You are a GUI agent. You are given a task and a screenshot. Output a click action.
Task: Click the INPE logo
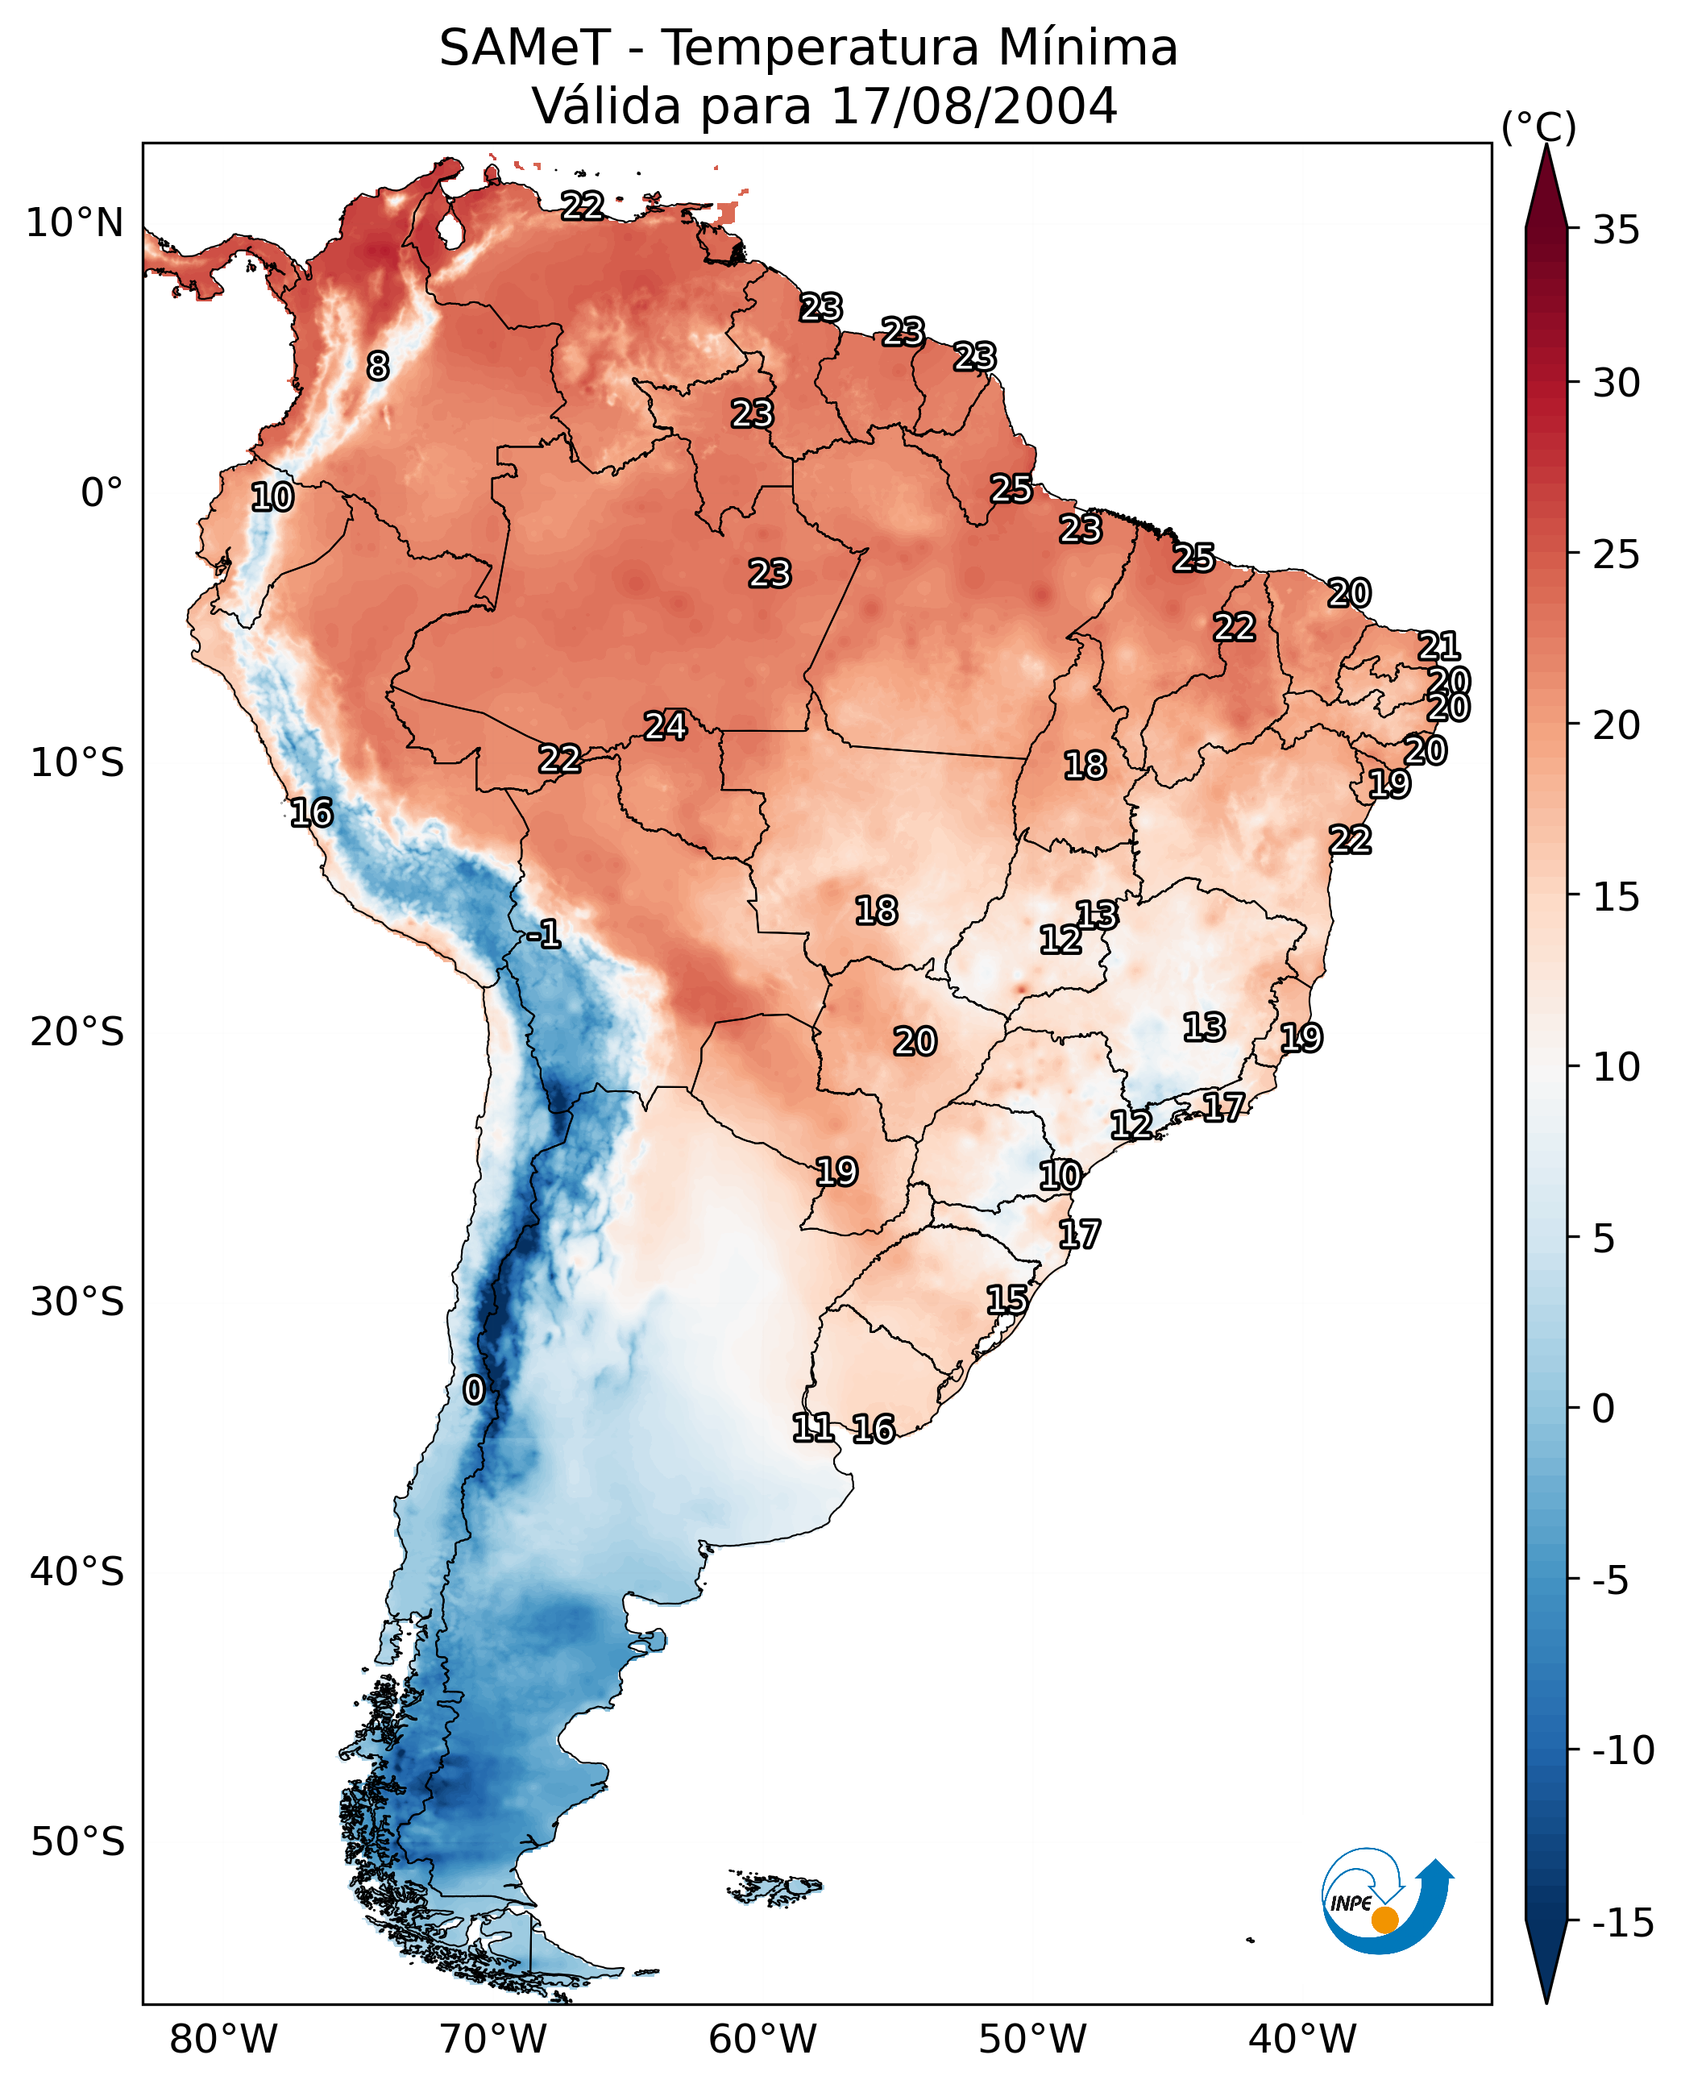pos(1387,1901)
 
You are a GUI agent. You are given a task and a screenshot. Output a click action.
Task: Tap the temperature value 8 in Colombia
pos(378,366)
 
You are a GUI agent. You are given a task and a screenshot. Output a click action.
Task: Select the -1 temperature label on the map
pos(543,933)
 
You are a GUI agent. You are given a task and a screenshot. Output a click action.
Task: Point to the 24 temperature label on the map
pos(666,725)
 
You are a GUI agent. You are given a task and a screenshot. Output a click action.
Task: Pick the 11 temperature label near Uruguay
pos(812,1426)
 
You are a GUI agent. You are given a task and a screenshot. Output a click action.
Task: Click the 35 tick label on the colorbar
pos(1616,230)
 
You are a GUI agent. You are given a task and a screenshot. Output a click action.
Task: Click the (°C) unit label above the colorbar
pos(1538,127)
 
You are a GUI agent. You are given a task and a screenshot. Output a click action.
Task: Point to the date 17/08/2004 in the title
pos(974,106)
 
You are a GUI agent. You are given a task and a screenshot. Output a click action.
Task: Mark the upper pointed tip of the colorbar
pos(1546,145)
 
